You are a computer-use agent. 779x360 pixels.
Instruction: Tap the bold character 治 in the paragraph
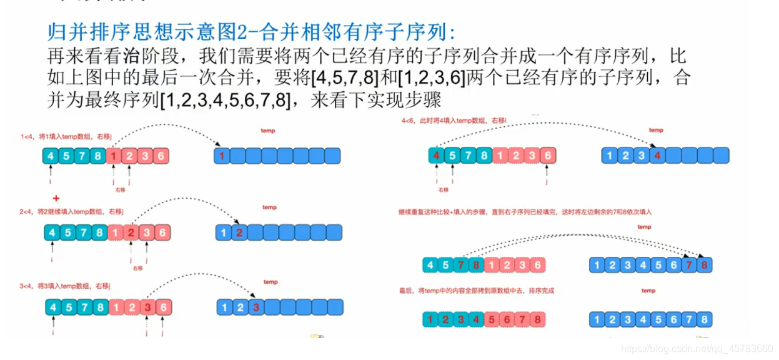[131, 56]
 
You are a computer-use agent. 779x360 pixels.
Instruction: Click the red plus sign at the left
[56, 198]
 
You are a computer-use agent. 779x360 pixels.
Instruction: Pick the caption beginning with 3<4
[65, 286]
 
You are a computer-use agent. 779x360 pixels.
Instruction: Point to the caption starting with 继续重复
[525, 212]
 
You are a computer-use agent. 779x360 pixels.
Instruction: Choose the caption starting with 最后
[477, 291]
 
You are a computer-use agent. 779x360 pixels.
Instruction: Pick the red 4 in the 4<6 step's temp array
[657, 155]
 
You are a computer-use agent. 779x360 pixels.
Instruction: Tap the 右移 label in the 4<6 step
[443, 189]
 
